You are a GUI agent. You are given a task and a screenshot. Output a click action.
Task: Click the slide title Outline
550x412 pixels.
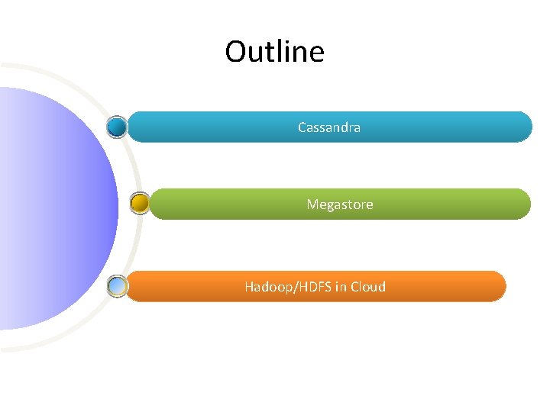(x=274, y=52)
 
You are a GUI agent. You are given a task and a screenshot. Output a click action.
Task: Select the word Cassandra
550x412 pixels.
(x=329, y=127)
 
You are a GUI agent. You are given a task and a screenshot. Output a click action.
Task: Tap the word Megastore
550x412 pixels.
(x=340, y=204)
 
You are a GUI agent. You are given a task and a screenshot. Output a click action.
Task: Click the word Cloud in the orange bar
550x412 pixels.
(x=369, y=287)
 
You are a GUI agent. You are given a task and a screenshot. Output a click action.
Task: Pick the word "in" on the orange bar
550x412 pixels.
(x=341, y=287)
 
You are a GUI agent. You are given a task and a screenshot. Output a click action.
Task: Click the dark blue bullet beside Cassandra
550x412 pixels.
(x=117, y=126)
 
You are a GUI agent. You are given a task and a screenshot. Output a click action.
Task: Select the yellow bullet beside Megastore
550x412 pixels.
(x=140, y=203)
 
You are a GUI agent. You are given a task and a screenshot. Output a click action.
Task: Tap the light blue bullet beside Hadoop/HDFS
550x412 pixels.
(x=117, y=286)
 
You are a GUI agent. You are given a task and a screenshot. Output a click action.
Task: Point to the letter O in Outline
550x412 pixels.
(x=235, y=52)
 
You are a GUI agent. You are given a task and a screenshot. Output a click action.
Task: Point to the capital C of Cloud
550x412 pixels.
(x=356, y=287)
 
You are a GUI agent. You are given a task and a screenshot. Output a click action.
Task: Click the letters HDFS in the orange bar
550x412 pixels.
(x=315, y=287)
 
